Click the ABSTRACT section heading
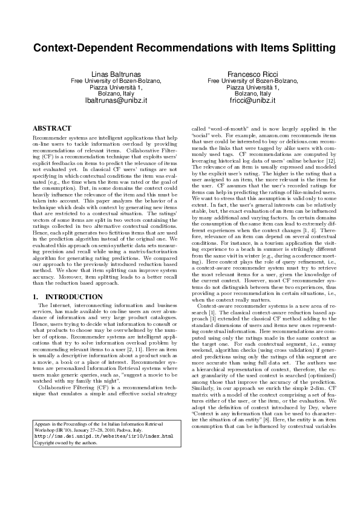tap(51, 128)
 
